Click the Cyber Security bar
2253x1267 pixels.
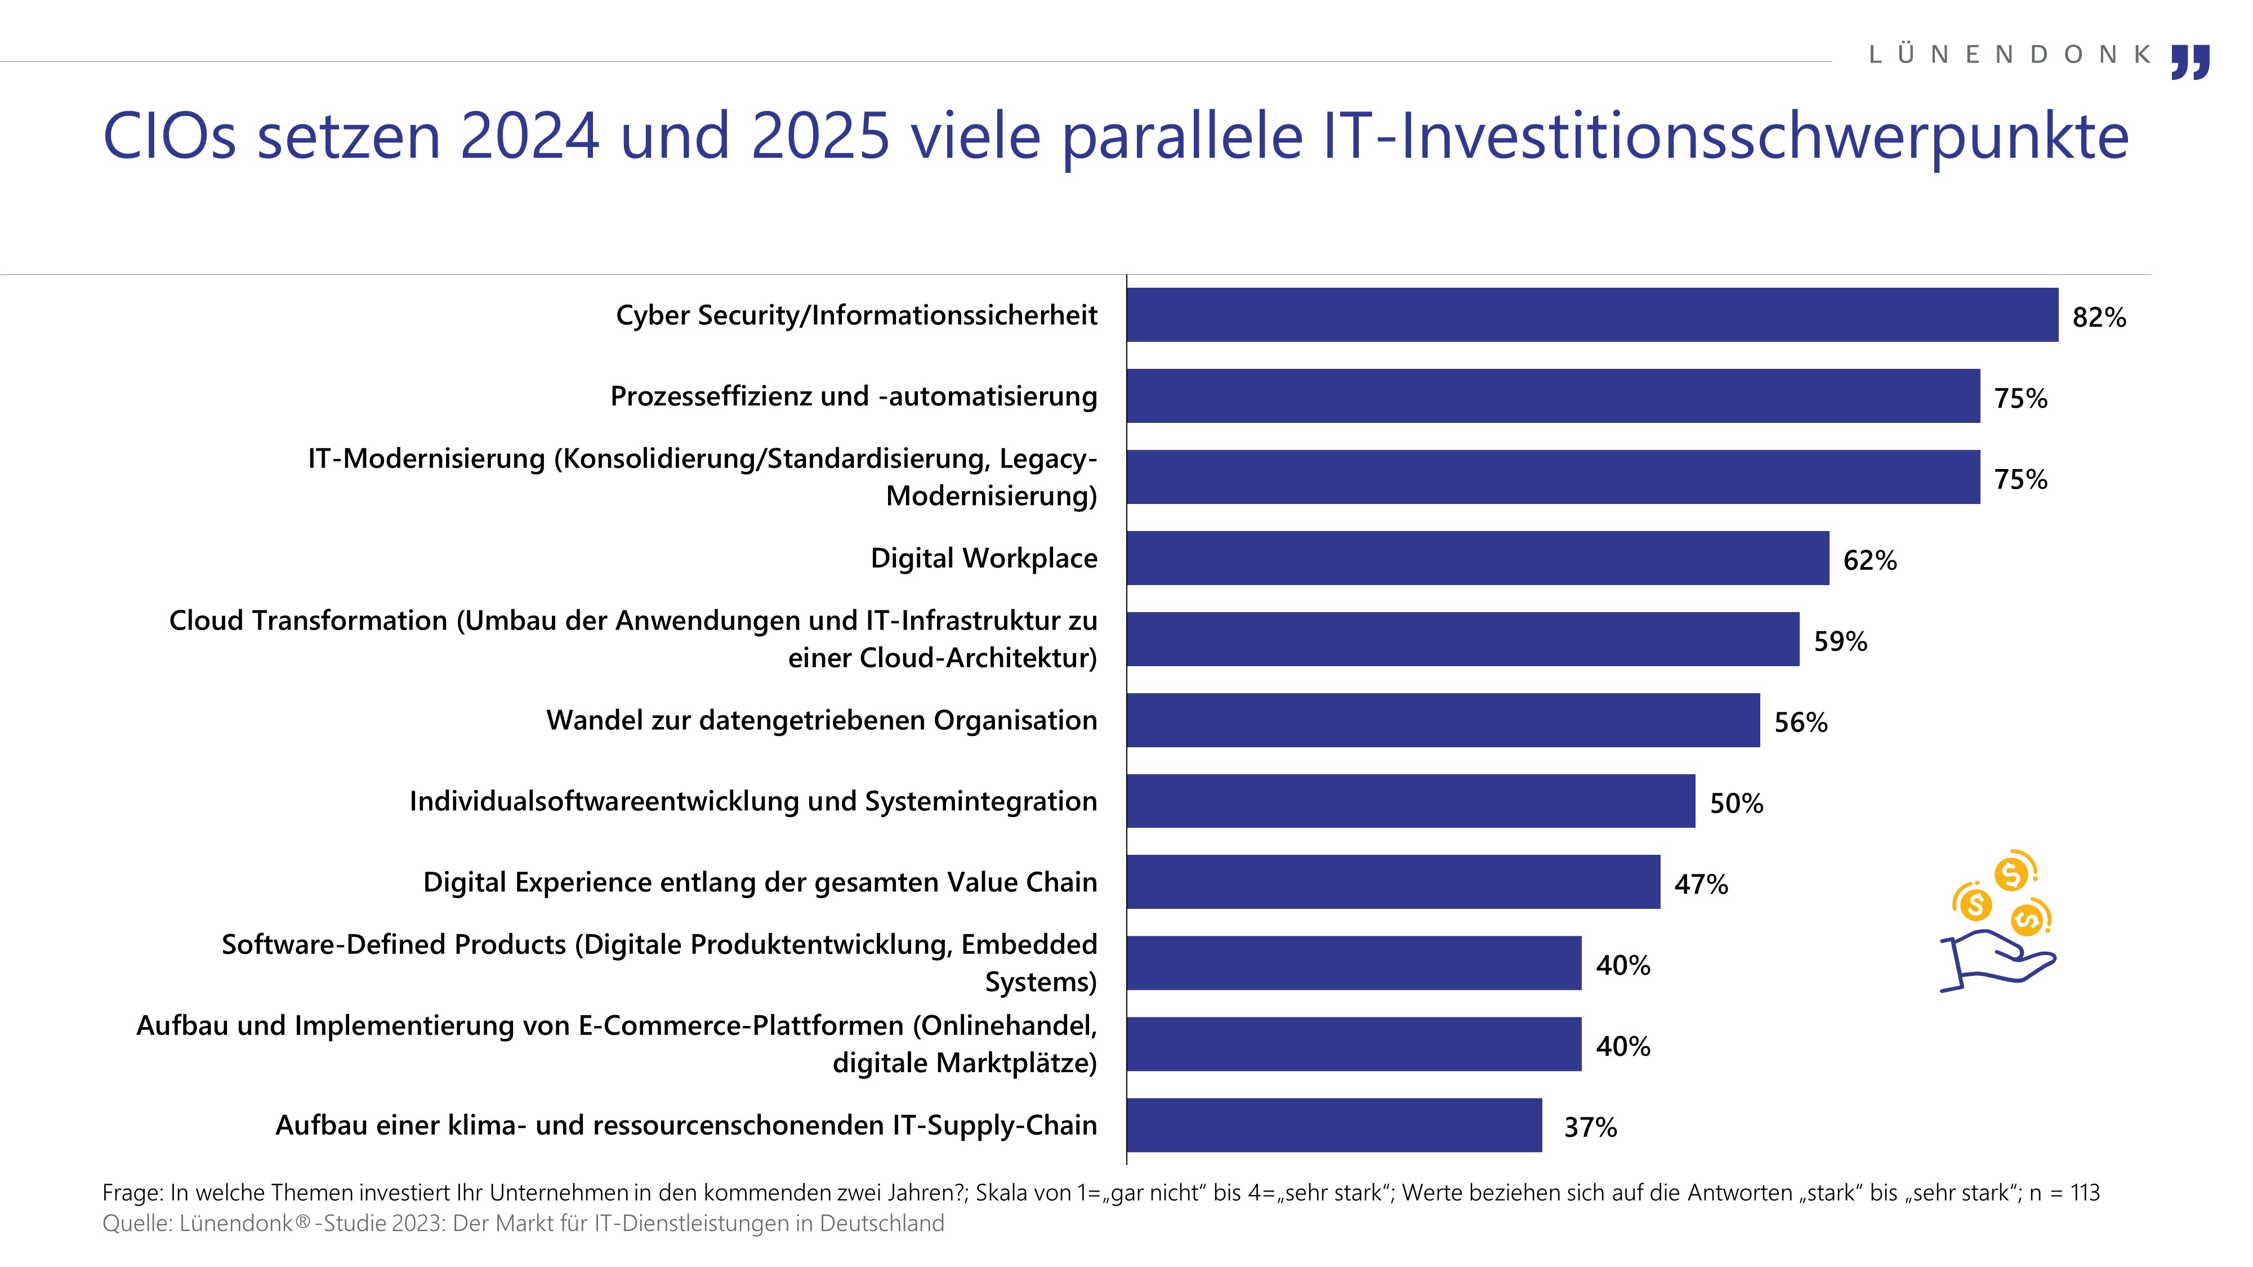coord(1592,315)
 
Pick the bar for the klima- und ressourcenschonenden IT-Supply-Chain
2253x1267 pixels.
coord(1334,1125)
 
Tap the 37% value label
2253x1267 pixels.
coord(1590,1127)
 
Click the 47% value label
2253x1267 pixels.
coord(1700,884)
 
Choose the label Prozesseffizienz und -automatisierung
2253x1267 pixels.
coord(854,396)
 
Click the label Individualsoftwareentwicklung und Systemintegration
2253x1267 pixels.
coord(753,801)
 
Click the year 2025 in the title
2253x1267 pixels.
coord(819,136)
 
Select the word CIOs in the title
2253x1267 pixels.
coord(169,136)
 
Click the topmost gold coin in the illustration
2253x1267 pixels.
coord(2011,873)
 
